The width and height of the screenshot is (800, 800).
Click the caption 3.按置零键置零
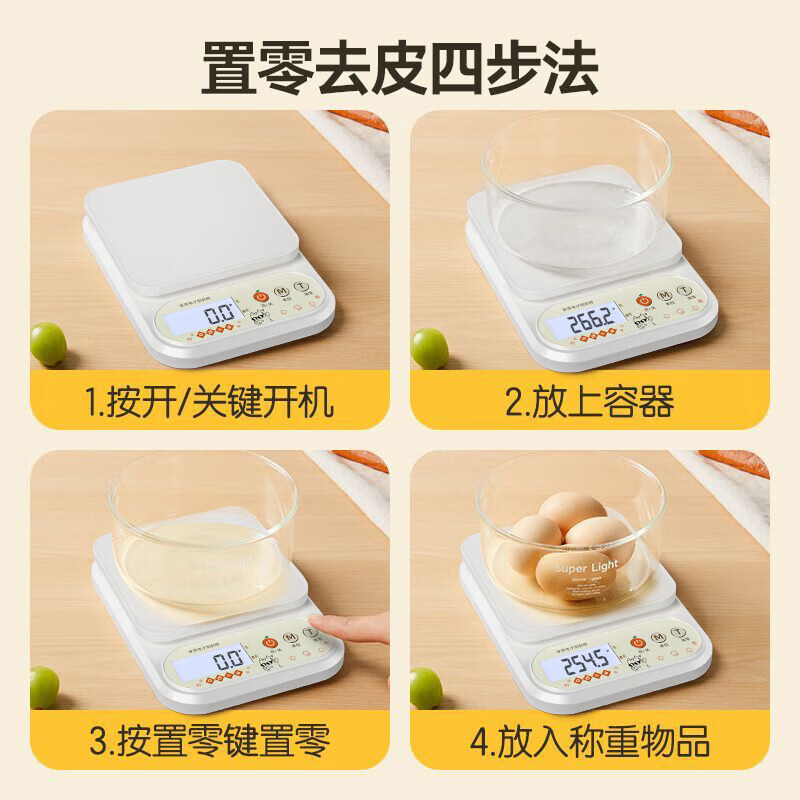209,741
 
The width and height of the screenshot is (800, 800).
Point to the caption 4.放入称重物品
590,741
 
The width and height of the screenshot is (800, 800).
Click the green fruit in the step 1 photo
48,343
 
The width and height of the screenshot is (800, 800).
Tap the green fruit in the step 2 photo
430,348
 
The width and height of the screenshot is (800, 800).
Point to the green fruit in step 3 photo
44,687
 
